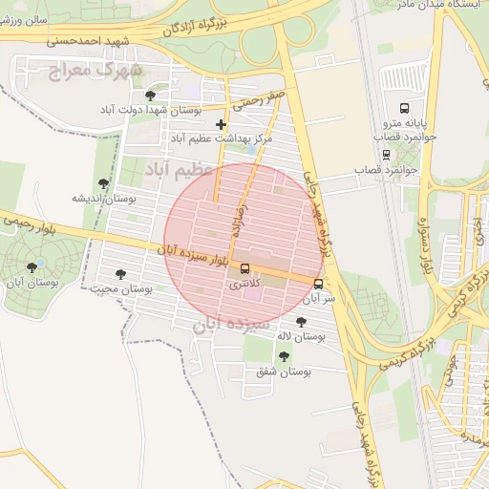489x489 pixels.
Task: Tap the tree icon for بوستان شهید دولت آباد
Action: click(150, 96)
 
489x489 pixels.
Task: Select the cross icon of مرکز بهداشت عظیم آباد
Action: click(222, 124)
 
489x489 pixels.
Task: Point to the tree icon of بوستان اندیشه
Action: click(103, 183)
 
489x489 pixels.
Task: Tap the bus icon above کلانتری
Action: click(245, 268)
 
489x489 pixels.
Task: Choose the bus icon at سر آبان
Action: click(318, 283)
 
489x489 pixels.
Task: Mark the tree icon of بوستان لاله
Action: click(302, 322)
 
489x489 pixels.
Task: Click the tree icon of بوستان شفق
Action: click(283, 355)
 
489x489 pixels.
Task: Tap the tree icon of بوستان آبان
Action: click(32, 268)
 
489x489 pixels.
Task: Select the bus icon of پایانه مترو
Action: click(404, 107)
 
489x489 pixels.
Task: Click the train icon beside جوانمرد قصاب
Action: click(385, 154)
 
